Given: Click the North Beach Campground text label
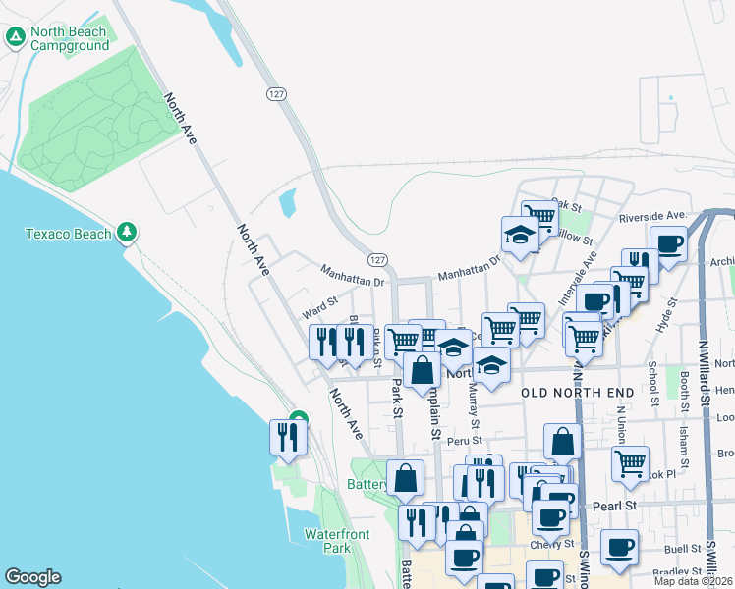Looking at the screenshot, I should click(x=68, y=38).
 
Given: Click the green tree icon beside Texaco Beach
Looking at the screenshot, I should click(x=126, y=233).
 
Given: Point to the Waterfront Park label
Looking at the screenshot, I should click(x=327, y=541).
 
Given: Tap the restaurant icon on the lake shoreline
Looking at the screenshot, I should click(x=287, y=436).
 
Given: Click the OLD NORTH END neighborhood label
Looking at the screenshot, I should click(x=578, y=393).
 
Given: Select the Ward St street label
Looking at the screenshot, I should click(x=320, y=308).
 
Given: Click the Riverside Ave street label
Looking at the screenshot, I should click(x=651, y=215).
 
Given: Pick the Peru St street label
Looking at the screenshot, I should click(x=463, y=441).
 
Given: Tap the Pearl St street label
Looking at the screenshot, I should click(x=616, y=506).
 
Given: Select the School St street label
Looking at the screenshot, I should click(x=651, y=375).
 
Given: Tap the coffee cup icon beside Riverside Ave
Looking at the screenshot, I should click(x=668, y=243).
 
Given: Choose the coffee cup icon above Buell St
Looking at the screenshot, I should click(x=619, y=547).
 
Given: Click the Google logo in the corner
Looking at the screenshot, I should click(x=32, y=577).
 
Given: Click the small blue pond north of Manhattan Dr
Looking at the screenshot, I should click(x=287, y=203).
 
